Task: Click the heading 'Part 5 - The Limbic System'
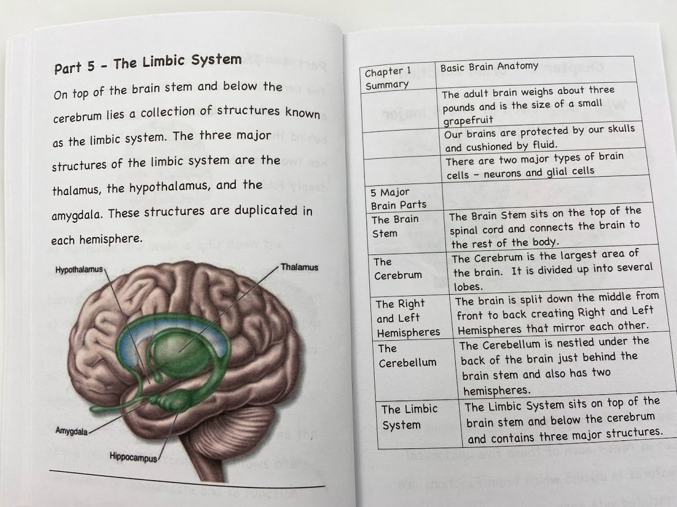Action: click(147, 63)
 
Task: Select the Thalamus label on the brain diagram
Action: click(299, 268)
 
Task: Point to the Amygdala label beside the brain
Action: click(71, 431)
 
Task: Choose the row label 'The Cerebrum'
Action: click(398, 269)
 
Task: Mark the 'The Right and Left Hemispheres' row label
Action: click(408, 318)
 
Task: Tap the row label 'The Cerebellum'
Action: click(407, 356)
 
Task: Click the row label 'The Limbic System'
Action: click(410, 417)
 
